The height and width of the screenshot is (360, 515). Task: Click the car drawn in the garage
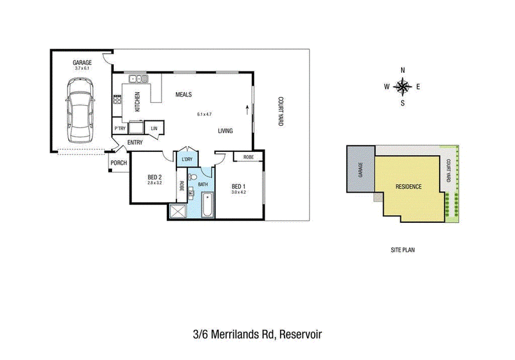click(80, 110)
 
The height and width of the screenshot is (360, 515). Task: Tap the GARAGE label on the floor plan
click(82, 62)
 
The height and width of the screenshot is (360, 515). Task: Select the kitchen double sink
click(138, 79)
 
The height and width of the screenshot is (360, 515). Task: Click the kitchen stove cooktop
click(117, 99)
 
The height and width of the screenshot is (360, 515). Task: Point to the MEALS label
click(183, 95)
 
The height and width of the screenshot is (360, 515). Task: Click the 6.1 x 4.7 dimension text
click(204, 114)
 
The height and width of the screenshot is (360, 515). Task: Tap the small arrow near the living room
click(247, 109)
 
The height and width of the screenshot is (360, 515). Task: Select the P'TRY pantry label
click(120, 128)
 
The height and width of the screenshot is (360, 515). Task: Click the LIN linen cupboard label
click(154, 128)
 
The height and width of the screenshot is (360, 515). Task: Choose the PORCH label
click(118, 162)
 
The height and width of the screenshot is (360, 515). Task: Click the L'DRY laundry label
click(187, 159)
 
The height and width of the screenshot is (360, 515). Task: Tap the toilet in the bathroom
click(192, 177)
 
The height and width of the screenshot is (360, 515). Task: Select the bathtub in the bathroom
click(207, 205)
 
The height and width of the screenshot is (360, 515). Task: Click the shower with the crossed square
click(178, 211)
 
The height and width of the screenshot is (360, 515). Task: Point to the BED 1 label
click(238, 187)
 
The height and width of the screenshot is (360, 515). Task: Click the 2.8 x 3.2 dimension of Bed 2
click(154, 183)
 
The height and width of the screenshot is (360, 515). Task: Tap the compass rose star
click(403, 87)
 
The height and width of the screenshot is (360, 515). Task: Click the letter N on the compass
click(403, 70)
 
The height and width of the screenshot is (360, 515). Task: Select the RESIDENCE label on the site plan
click(408, 187)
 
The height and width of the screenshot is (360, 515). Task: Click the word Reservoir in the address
click(301, 334)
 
